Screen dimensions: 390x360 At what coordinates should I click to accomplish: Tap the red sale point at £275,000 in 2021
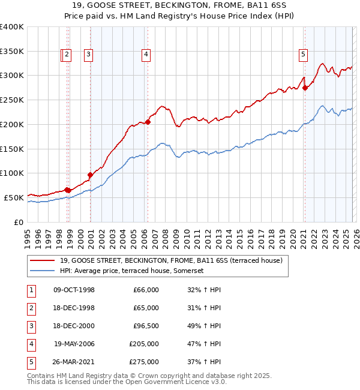tap(305, 88)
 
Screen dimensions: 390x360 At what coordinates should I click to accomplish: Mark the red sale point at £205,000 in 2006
tap(148, 122)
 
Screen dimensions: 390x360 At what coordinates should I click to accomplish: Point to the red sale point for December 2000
tap(91, 175)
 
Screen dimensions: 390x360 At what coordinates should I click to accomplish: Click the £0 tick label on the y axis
tap(18, 222)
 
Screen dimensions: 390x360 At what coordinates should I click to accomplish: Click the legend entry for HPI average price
tap(132, 271)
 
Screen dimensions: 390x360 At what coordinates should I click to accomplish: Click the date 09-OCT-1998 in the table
tap(74, 290)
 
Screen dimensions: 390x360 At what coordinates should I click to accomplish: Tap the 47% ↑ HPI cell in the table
tap(204, 344)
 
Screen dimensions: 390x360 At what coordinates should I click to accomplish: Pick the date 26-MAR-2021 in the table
tap(74, 362)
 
